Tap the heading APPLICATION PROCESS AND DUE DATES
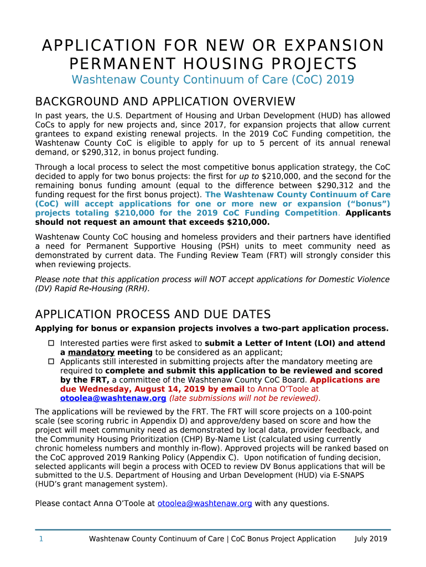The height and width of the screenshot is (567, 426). (x=153, y=315)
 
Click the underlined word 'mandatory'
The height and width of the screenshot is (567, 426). (x=91, y=353)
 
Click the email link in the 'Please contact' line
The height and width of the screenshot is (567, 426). (x=205, y=503)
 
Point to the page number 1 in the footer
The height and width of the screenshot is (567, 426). (x=41, y=539)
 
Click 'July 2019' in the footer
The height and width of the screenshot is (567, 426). (x=371, y=539)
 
